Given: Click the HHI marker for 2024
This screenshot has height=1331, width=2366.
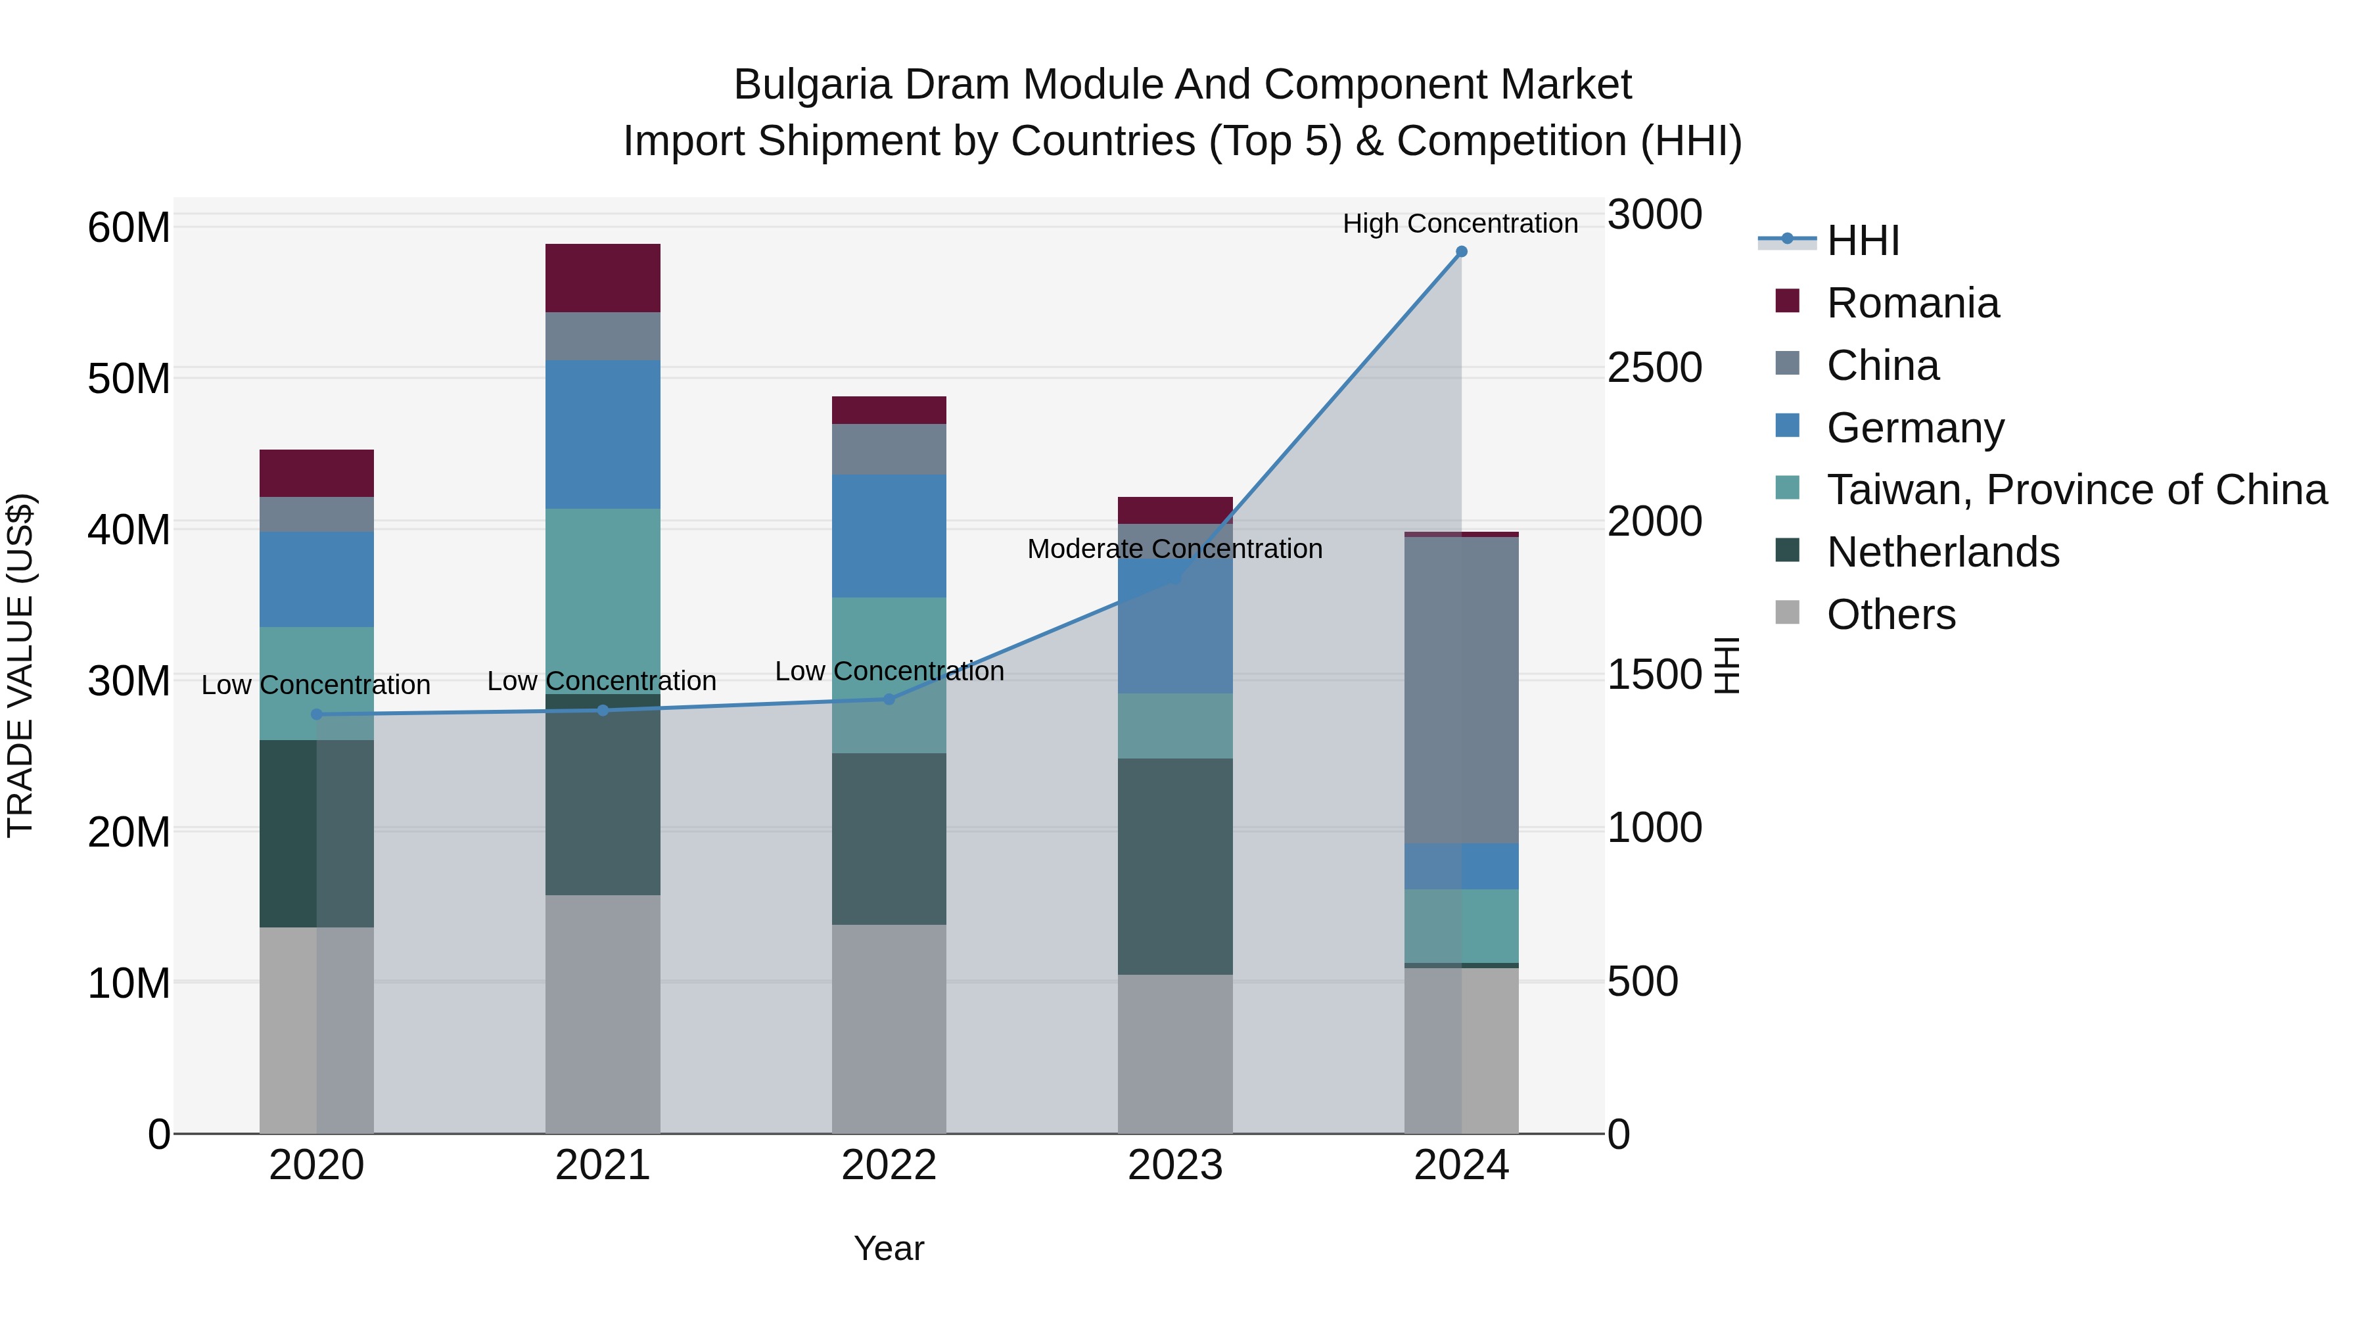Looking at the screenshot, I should pyautogui.click(x=1461, y=252).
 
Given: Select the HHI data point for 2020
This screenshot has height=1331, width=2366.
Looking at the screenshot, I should pyautogui.click(x=317, y=714).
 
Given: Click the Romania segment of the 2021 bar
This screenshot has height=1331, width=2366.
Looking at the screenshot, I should pyautogui.click(x=603, y=278).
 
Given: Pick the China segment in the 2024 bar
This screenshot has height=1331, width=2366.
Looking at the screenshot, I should pyautogui.click(x=1461, y=689).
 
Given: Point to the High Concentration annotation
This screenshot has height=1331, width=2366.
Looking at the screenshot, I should pyautogui.click(x=1460, y=223).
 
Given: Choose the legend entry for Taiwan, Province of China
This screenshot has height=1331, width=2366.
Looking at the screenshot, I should pyautogui.click(x=2076, y=490).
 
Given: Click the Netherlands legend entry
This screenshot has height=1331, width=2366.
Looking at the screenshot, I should pyautogui.click(x=1943, y=552).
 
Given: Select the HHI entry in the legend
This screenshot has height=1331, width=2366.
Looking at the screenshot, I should pyautogui.click(x=1862, y=241).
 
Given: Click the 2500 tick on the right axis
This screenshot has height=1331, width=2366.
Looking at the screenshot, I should pyautogui.click(x=1654, y=367).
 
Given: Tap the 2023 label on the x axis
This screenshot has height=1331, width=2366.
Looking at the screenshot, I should pyautogui.click(x=1174, y=1165).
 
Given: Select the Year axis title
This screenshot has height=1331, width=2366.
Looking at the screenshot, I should pyautogui.click(x=888, y=1248).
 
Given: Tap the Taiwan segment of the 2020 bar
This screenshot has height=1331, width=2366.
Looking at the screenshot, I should pyautogui.click(x=317, y=684).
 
